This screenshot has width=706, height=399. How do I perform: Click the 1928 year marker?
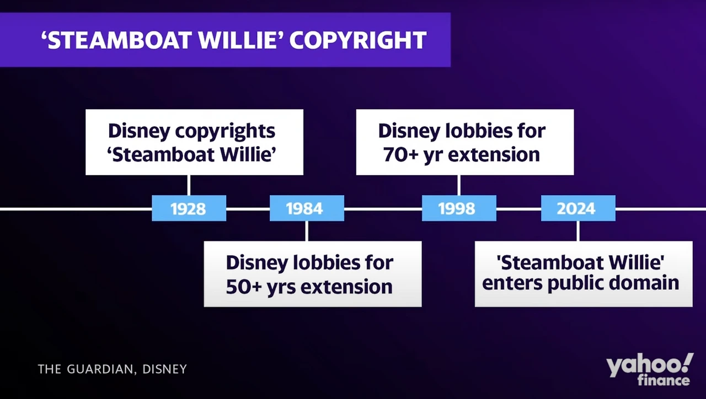pos(189,208)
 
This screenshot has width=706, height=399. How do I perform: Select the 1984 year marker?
pos(307,208)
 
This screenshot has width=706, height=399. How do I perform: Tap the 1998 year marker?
pos(459,208)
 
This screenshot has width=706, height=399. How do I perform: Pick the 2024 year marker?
pos(578,208)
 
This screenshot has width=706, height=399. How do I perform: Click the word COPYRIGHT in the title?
pos(358,40)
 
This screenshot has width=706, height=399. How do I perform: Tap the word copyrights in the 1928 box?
pos(225,132)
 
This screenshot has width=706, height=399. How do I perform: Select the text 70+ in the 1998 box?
pos(400,155)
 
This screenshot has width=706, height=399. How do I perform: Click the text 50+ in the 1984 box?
pos(244,287)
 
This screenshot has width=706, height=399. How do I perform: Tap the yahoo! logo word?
pos(650,365)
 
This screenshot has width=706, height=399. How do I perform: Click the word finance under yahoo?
pos(664,380)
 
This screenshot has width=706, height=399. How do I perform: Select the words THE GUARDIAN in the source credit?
pos(85,369)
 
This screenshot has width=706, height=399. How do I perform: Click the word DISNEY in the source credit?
pos(164,369)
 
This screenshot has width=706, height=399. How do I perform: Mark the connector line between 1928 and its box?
pos(189,185)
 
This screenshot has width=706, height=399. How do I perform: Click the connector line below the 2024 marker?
pos(578,231)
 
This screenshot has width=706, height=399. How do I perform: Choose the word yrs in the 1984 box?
pos(281,288)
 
